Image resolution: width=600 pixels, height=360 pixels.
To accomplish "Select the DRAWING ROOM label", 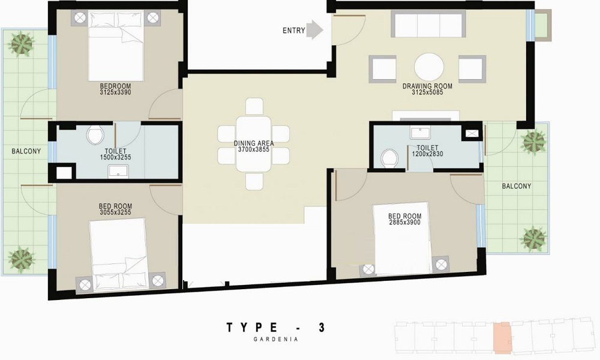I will [427, 86].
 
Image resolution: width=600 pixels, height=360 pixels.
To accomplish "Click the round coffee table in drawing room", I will [429, 68].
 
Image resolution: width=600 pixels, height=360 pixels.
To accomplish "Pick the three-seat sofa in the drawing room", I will [428, 25].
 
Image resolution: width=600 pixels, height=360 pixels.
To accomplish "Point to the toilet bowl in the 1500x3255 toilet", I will [95, 135].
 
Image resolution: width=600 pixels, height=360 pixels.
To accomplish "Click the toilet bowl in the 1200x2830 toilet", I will [391, 158].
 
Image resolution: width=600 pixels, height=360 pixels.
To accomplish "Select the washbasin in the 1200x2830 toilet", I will [421, 133].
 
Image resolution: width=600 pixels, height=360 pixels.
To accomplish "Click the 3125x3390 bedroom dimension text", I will [115, 93].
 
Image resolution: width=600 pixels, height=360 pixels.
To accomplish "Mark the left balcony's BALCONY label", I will [26, 151].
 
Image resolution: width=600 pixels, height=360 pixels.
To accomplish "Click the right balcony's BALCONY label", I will [516, 186].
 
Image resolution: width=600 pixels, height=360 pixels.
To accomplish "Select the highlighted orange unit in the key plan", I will [502, 337].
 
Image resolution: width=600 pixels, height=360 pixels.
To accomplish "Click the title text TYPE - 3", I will [276, 327].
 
